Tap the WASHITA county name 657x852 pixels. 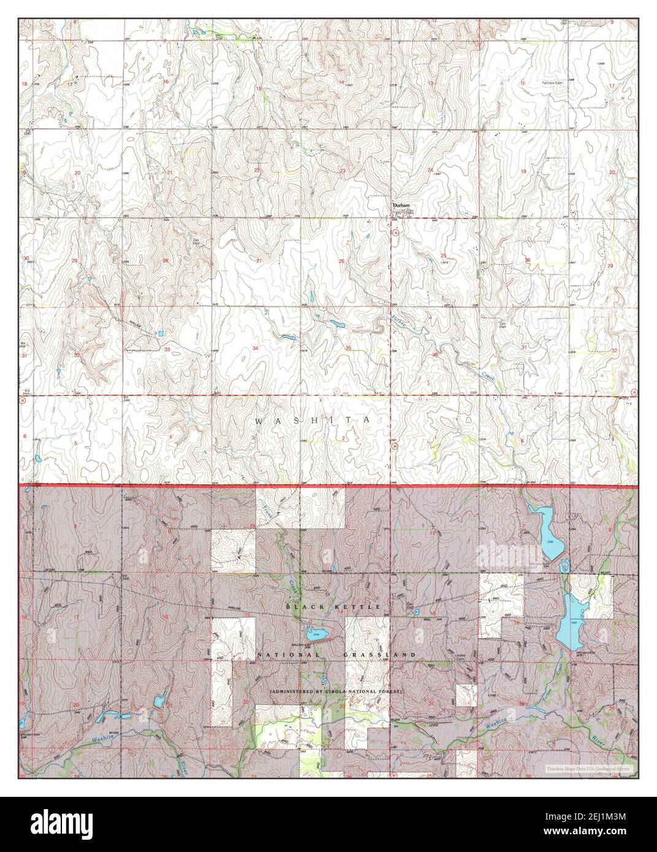pos(312,420)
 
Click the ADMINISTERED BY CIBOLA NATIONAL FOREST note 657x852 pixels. pos(336,691)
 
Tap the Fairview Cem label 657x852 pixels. pos(551,82)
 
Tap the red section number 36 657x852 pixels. pos(435,354)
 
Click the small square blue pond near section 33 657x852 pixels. pos(161,333)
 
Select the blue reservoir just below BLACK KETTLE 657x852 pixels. pos(313,634)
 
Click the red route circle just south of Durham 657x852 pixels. pos(396,234)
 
